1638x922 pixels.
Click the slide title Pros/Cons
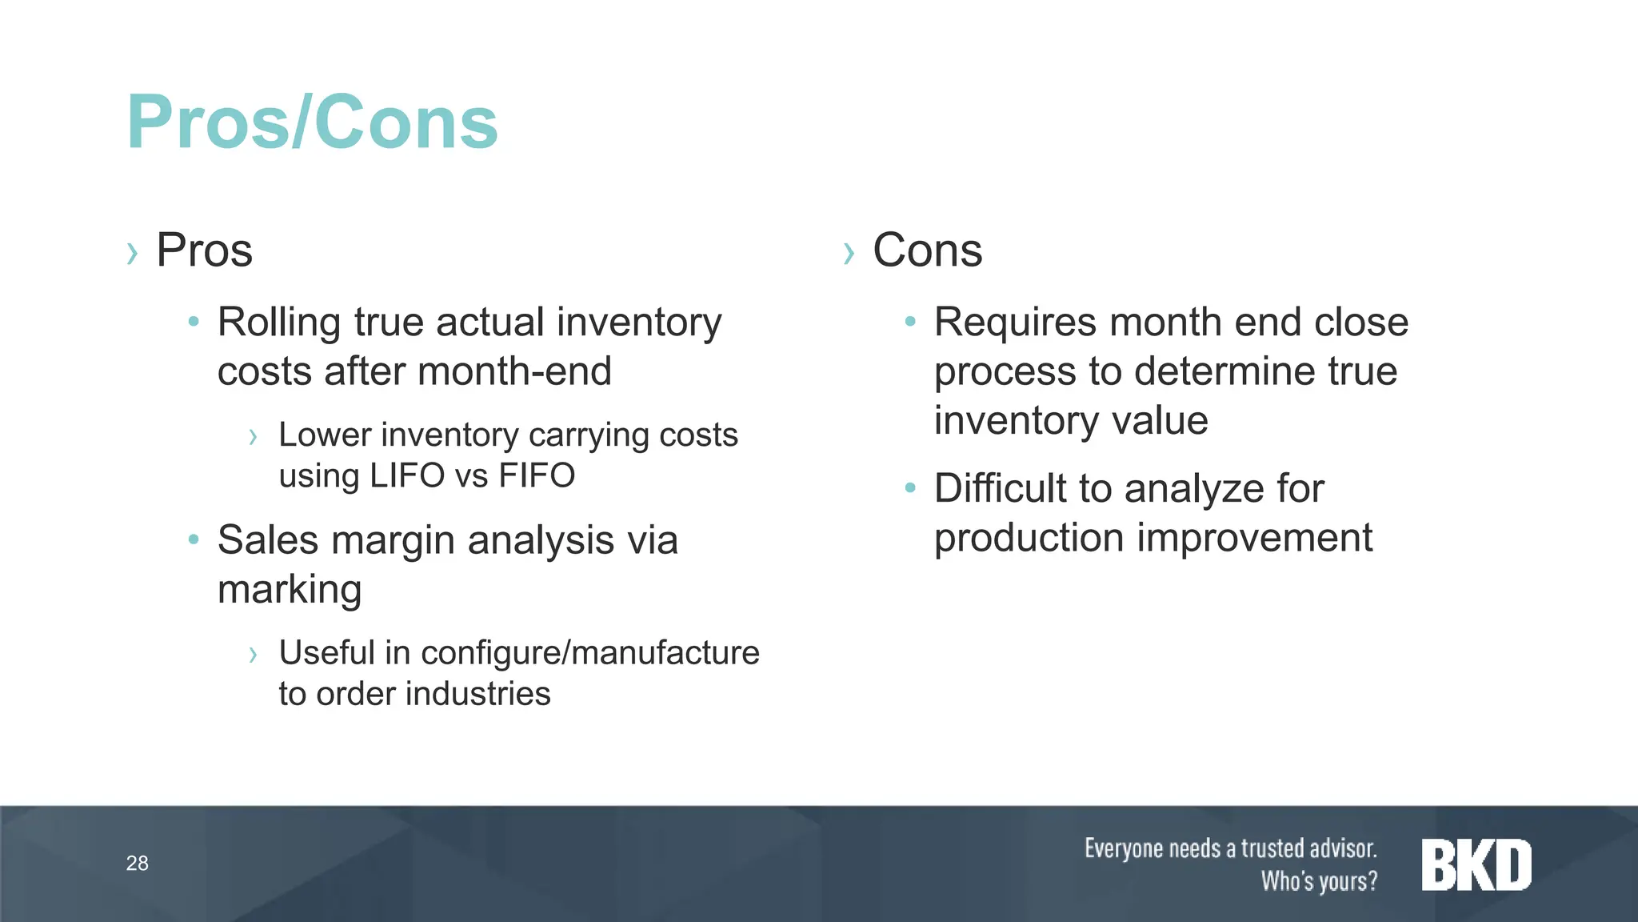(312, 122)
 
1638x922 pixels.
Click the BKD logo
(1476, 865)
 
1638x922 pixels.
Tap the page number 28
(137, 863)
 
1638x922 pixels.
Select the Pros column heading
(204, 251)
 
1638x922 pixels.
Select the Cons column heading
(927, 251)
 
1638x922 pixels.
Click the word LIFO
(406, 475)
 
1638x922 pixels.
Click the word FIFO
(537, 475)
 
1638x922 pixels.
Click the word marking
(290, 590)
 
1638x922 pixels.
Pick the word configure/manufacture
(590, 652)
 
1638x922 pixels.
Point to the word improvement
(1254, 537)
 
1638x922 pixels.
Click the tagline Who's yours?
(1319, 881)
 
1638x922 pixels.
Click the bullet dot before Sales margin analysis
(194, 539)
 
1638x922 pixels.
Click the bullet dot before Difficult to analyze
(909, 487)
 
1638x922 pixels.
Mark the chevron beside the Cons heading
(849, 254)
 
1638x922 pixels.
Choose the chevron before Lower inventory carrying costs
(253, 437)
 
